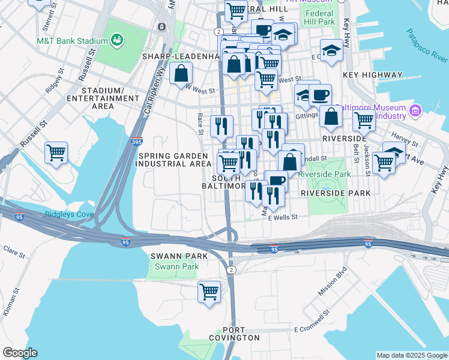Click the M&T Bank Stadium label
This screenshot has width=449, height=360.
click(x=71, y=41)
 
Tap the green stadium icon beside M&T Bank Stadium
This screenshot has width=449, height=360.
click(x=117, y=40)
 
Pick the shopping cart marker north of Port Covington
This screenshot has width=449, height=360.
click(x=209, y=292)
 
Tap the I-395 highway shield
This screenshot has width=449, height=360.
click(x=136, y=142)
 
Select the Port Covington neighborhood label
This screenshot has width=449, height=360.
click(x=241, y=334)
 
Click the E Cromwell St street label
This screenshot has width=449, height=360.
click(x=313, y=329)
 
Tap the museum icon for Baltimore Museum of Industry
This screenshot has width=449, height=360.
click(x=415, y=111)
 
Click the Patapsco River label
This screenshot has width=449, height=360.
click(x=427, y=45)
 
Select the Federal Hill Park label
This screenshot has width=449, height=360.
click(x=319, y=17)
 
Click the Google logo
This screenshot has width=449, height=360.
click(x=20, y=353)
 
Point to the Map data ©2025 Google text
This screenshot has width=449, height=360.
click(x=412, y=355)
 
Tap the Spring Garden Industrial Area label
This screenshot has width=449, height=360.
click(x=173, y=160)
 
